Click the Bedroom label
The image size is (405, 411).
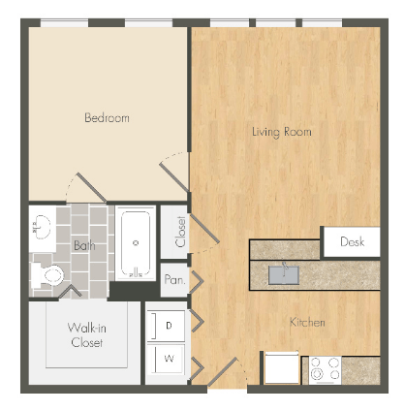point(107,118)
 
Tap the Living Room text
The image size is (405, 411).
point(282,131)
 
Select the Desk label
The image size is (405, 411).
point(353,242)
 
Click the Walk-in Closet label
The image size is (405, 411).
point(87,334)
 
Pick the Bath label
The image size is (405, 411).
point(84,245)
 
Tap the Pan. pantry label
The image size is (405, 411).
point(174,279)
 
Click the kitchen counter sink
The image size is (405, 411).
point(285,274)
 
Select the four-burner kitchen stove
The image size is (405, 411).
point(324,369)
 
